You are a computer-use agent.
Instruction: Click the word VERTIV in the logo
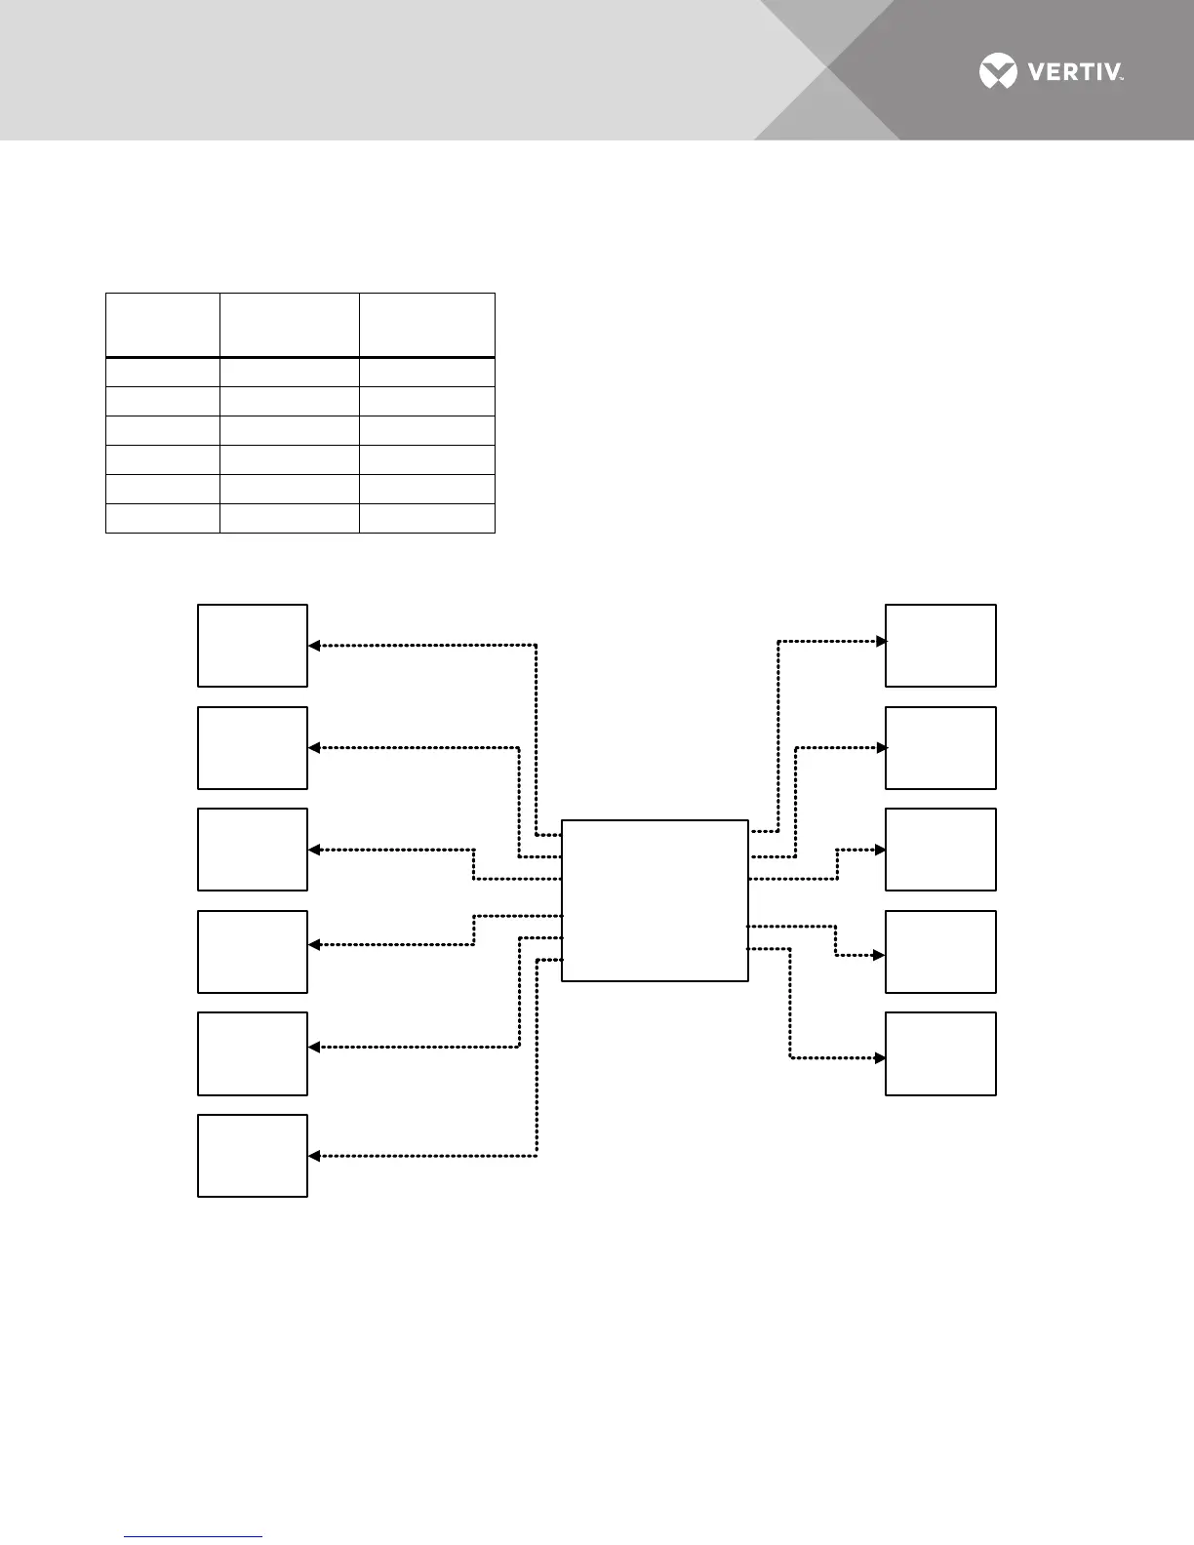coord(1074,72)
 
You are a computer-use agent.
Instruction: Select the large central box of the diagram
coord(655,900)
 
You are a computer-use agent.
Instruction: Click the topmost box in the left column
coord(253,646)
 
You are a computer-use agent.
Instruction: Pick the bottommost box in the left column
coord(253,1156)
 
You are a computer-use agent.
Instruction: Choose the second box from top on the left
coord(253,748)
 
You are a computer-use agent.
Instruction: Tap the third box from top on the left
coord(253,850)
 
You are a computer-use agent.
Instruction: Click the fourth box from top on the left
coord(253,952)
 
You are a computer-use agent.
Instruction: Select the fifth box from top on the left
coord(253,1053)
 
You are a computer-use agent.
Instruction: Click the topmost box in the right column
coord(940,646)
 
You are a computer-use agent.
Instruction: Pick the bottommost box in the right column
coord(940,1053)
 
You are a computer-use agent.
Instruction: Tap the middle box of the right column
coord(940,850)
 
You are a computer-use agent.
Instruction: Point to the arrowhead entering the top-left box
coord(314,646)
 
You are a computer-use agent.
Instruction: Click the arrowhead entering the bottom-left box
coord(314,1156)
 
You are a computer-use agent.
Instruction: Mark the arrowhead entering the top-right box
coord(881,641)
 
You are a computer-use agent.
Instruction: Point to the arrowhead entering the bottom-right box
coord(881,1057)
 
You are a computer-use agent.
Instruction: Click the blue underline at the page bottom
coord(193,1537)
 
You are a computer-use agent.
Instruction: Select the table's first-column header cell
coord(163,325)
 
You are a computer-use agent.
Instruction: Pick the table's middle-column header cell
coord(290,325)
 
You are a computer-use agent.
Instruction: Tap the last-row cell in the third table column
coord(427,518)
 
